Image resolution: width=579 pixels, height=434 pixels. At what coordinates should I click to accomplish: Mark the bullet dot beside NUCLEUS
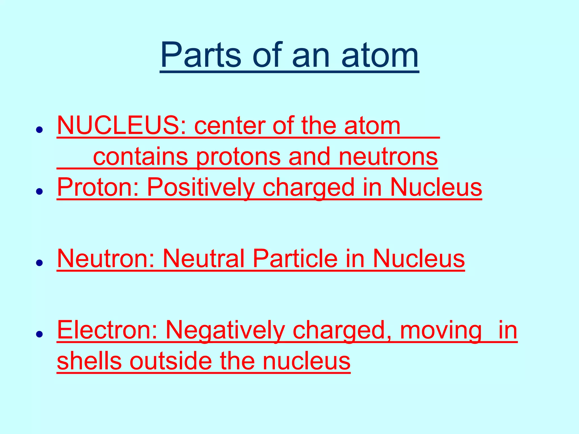tap(39, 130)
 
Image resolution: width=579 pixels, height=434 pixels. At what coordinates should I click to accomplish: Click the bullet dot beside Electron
tap(39, 334)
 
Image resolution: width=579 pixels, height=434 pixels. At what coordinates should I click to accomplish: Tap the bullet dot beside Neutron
tap(39, 263)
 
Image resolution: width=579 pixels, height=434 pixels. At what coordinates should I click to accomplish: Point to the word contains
tap(140, 157)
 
